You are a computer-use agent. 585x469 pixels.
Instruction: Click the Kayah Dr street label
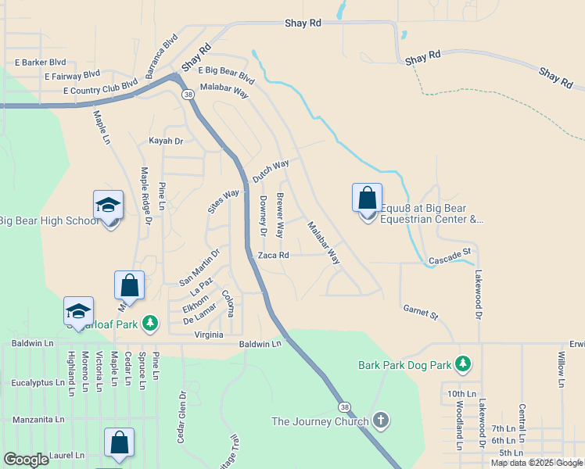click(x=166, y=141)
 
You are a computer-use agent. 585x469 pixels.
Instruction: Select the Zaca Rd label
click(x=274, y=255)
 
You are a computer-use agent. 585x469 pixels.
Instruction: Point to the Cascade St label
click(x=449, y=256)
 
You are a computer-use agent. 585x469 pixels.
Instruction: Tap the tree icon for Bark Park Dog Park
click(x=464, y=363)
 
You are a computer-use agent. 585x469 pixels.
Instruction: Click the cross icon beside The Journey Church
click(x=381, y=421)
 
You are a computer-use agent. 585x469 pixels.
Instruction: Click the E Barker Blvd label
click(x=40, y=62)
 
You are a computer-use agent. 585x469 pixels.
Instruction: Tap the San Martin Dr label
click(x=199, y=265)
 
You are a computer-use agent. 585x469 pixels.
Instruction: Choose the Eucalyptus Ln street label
click(x=38, y=383)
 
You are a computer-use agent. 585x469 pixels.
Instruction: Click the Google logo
click(x=26, y=460)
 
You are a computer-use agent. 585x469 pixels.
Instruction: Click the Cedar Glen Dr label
click(x=181, y=417)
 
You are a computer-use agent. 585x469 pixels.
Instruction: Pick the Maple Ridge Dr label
click(x=145, y=196)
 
